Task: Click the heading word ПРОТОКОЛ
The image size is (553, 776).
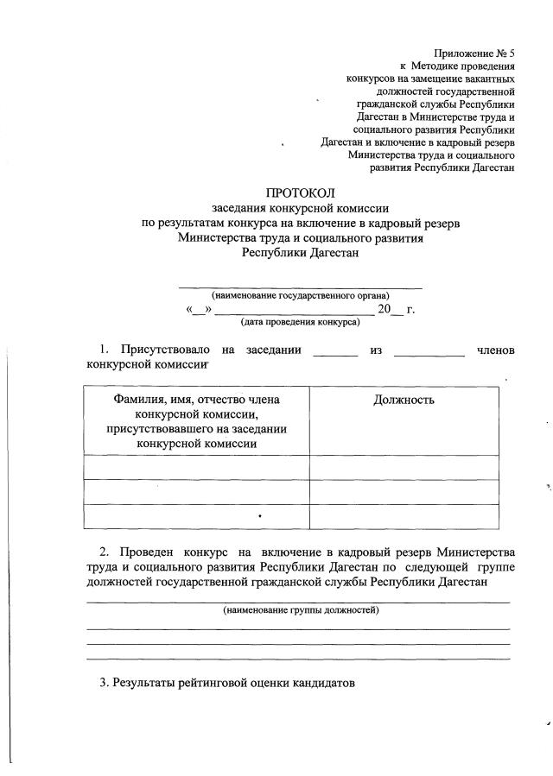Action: click(300, 192)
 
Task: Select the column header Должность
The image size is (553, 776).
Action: click(404, 400)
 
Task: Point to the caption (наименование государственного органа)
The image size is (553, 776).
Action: click(300, 295)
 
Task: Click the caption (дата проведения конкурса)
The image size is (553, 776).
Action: click(300, 322)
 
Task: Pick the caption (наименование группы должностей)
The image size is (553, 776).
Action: click(301, 610)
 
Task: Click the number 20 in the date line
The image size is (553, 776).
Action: click(385, 309)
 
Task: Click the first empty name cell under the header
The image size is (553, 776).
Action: click(196, 467)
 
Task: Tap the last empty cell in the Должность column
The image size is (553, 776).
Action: click(404, 516)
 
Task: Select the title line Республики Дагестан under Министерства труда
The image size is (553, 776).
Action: click(299, 253)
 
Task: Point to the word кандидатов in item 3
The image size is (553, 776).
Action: click(320, 683)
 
